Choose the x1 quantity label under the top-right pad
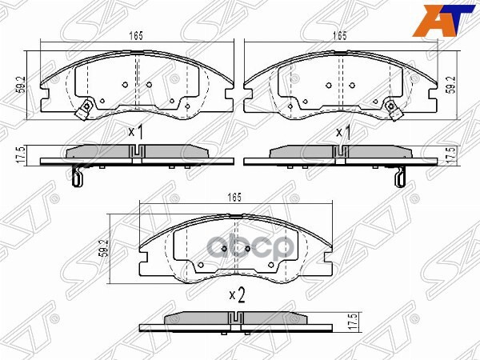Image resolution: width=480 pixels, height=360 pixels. click(344, 132)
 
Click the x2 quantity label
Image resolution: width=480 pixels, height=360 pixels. click(237, 294)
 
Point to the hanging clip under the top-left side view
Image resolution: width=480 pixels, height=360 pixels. click(76, 178)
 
